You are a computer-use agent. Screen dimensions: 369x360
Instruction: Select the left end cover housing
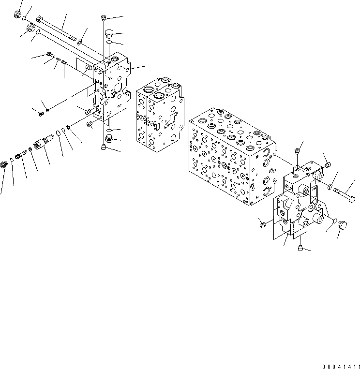pos(114,89)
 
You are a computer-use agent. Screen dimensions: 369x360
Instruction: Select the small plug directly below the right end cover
pos(300,249)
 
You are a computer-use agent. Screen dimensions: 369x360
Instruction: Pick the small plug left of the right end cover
pos(262,224)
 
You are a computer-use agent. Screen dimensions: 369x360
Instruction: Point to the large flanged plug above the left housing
pos(109,33)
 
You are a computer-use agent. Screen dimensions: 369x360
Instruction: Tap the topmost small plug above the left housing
pos(104,18)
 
